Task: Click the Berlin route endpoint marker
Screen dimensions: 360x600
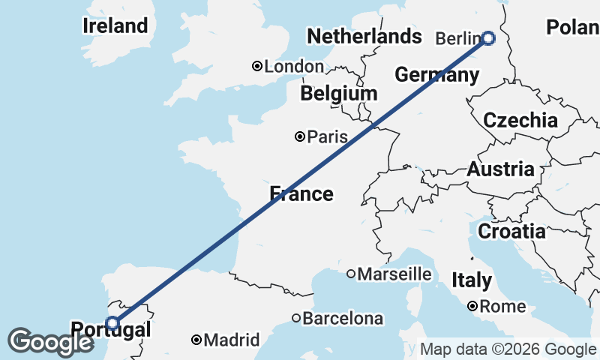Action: pyautogui.click(x=488, y=38)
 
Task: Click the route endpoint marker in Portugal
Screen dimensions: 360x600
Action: pyautogui.click(x=112, y=323)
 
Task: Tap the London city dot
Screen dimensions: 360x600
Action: pyautogui.click(x=257, y=67)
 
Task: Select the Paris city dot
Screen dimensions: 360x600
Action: pyautogui.click(x=300, y=136)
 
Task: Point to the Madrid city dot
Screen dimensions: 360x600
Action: pyautogui.click(x=196, y=340)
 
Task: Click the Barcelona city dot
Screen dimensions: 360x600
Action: pyautogui.click(x=296, y=318)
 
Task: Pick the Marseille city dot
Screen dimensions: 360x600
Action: pyautogui.click(x=350, y=274)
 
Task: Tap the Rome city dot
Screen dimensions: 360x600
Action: pyautogui.click(x=472, y=306)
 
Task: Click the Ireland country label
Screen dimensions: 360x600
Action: pyautogui.click(x=115, y=25)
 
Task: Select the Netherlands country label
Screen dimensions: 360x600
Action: pyautogui.click(x=364, y=36)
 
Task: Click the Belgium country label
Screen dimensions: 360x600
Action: pyautogui.click(x=338, y=94)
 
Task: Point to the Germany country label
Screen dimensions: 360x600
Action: pyautogui.click(x=436, y=75)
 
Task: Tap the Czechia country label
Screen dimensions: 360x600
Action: pyautogui.click(x=520, y=120)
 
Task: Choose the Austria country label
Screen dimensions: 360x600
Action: pyautogui.click(x=500, y=169)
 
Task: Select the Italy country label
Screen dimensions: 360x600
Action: pyautogui.click(x=472, y=280)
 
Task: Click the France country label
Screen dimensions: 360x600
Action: pyautogui.click(x=301, y=194)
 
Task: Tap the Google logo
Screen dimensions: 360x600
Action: pyautogui.click(x=50, y=342)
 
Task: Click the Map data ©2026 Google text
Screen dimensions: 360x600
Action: pyautogui.click(x=507, y=349)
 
